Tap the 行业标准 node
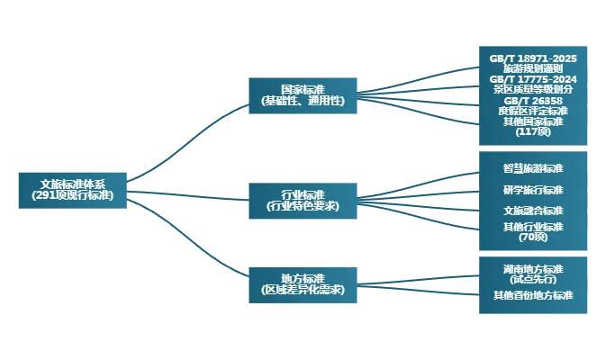pyautogui.click(x=303, y=200)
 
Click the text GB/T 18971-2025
pyautogui.click(x=533, y=58)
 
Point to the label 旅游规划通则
pyautogui.click(x=533, y=68)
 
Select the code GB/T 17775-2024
pyautogui.click(x=533, y=79)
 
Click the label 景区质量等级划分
pyautogui.click(x=533, y=89)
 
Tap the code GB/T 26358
pyautogui.click(x=533, y=100)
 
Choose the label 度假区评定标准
pyautogui.click(x=533, y=111)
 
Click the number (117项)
pyautogui.click(x=533, y=131)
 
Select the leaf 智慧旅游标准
pyautogui.click(x=533, y=168)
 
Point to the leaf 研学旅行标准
pyautogui.click(x=533, y=190)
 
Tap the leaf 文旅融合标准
pyautogui.click(x=533, y=211)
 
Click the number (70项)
pyautogui.click(x=533, y=237)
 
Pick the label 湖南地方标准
pyautogui.click(x=533, y=269)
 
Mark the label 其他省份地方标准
pyautogui.click(x=533, y=295)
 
